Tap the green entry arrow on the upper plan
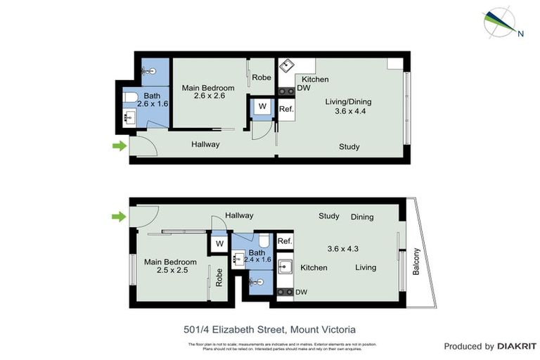pyautogui.click(x=119, y=146)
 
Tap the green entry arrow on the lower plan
pyautogui.click(x=119, y=217)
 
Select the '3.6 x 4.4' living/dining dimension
pyautogui.click(x=348, y=112)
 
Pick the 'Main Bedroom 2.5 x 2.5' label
pyautogui.click(x=170, y=266)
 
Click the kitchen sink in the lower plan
pyautogui.click(x=286, y=267)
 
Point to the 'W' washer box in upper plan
pyautogui.click(x=262, y=107)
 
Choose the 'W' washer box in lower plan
pyautogui.click(x=219, y=243)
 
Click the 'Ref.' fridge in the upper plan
pyautogui.click(x=286, y=109)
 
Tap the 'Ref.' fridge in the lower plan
pyautogui.click(x=285, y=241)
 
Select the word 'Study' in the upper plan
pyautogui.click(x=349, y=147)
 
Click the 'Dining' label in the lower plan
pyautogui.click(x=362, y=217)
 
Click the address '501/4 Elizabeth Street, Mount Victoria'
pyautogui.click(x=269, y=329)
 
